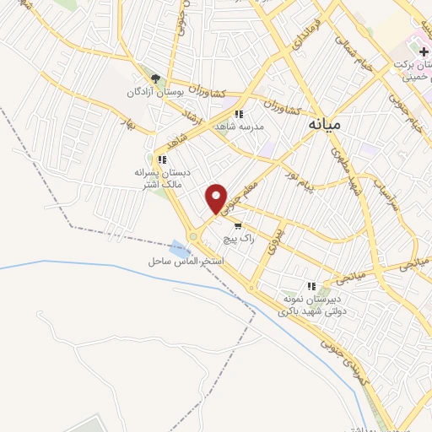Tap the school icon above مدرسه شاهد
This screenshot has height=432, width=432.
[x=239, y=114]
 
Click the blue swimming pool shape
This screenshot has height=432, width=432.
[x=178, y=248]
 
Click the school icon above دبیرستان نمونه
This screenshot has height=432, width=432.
[x=310, y=286]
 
